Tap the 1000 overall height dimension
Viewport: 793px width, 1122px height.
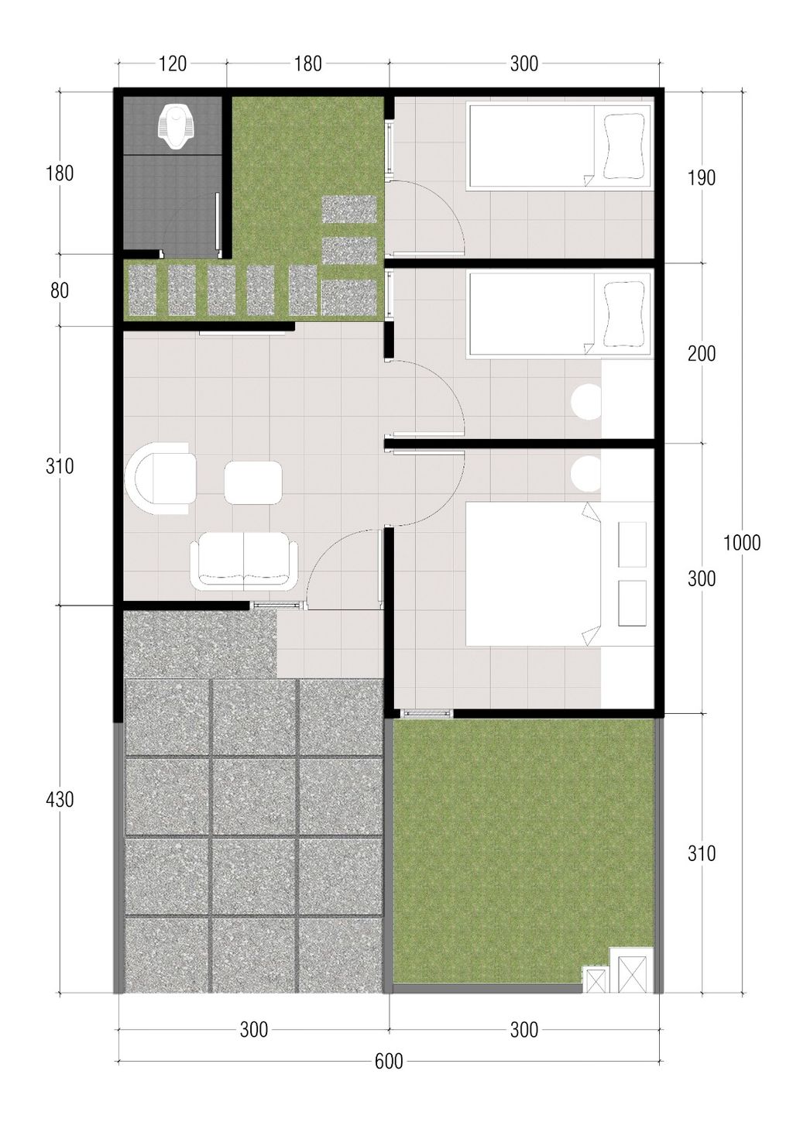(742, 542)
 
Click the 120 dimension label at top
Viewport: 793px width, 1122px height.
(173, 63)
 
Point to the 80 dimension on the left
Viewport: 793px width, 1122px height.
(60, 290)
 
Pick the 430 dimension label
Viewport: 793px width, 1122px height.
(60, 799)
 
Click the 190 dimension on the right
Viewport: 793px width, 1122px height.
(702, 178)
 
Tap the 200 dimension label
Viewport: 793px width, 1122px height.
(702, 354)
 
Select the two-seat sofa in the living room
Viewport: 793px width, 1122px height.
(243, 560)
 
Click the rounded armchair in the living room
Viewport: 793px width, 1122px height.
(160, 479)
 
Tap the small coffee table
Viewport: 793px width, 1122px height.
(253, 482)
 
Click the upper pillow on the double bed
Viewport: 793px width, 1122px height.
(632, 544)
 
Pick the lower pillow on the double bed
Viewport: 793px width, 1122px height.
(632, 603)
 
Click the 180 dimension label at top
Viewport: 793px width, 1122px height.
(307, 63)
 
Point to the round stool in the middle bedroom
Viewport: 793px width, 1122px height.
(588, 401)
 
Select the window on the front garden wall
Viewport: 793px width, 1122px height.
(427, 713)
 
